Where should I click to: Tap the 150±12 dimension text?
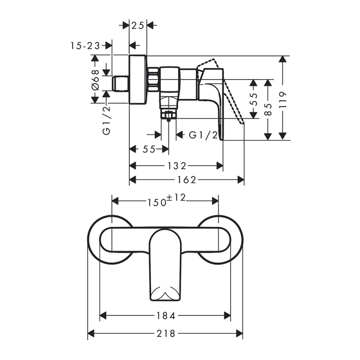(x=166, y=201)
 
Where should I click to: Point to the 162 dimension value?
(x=187, y=180)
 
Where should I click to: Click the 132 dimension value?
(x=177, y=166)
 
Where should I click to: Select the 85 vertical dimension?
(x=269, y=109)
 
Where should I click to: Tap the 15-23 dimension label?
(x=85, y=45)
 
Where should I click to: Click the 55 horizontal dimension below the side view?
(x=149, y=149)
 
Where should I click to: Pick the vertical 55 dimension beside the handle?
(x=254, y=99)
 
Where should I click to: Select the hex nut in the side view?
(x=153, y=78)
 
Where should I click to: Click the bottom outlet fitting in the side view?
(x=169, y=116)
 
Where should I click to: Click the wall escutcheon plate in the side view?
(x=138, y=80)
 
